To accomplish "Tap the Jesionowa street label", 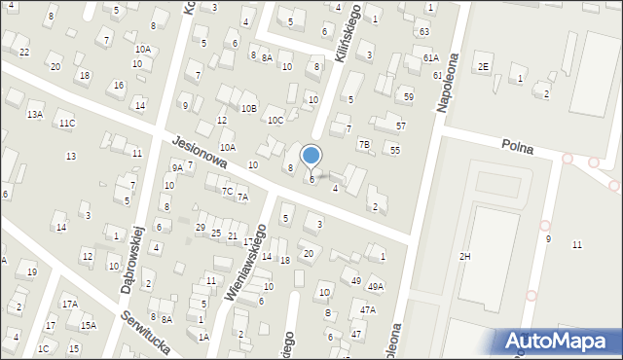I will tap(199, 152).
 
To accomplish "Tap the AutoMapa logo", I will tap(559, 341).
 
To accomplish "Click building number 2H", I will tap(465, 256).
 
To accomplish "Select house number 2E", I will tap(484, 66).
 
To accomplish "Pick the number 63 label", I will tap(424, 32).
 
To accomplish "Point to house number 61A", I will tap(431, 58).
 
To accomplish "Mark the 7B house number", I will tap(364, 145).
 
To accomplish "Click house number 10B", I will tap(249, 108).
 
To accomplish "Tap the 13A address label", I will tap(34, 115).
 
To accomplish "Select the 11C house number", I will tap(66, 124).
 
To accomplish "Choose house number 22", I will tap(24, 52).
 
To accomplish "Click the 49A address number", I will tap(375, 286).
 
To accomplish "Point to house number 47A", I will tap(367, 309).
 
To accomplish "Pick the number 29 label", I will tap(201, 228).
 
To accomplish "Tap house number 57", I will tap(400, 126).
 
